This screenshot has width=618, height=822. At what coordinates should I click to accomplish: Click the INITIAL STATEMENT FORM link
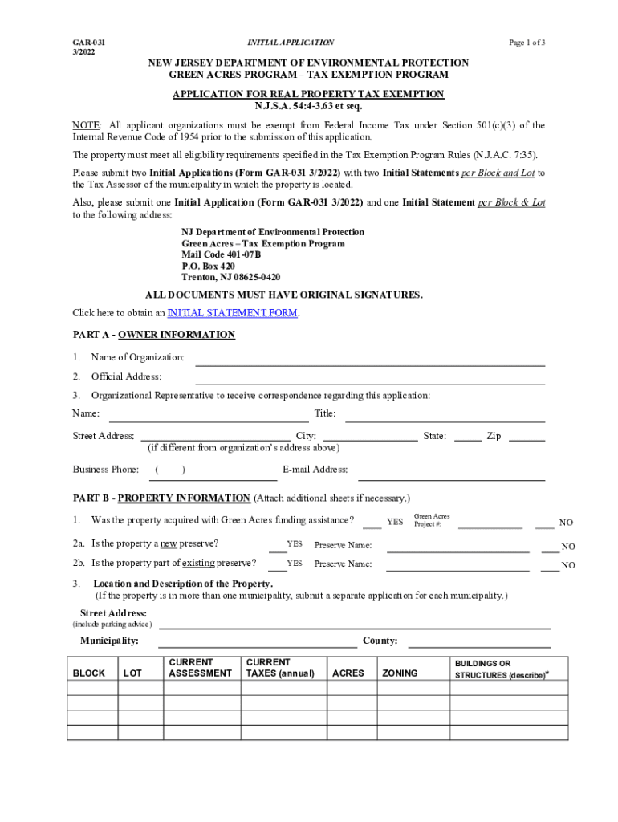click(232, 313)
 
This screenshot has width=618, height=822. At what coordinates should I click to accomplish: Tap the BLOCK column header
click(89, 673)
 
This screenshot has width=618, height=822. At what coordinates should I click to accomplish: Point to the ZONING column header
click(400, 673)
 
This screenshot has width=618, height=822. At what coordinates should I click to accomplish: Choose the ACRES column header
click(348, 673)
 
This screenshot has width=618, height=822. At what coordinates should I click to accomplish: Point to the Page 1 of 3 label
click(527, 42)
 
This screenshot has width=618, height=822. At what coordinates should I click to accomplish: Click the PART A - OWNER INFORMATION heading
click(154, 335)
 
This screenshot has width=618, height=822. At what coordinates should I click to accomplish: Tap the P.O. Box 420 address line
click(208, 266)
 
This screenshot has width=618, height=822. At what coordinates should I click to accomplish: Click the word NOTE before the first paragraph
click(86, 125)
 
